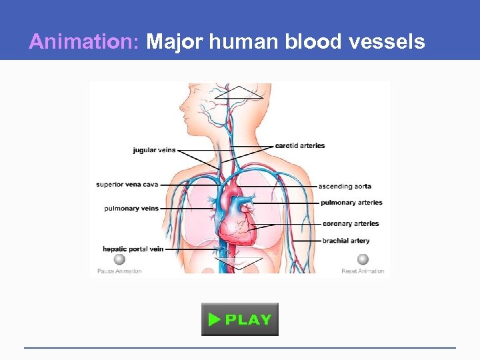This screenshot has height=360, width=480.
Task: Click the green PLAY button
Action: tap(240, 319)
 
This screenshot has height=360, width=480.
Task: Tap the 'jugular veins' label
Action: tap(154, 150)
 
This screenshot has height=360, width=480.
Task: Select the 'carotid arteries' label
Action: tap(300, 145)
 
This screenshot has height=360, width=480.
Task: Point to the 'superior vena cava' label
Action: tap(127, 185)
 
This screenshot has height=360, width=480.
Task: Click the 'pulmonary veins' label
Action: tap(131, 208)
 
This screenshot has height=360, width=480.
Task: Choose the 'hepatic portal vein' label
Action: tap(133, 249)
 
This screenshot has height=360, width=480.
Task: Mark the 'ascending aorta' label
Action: tap(345, 186)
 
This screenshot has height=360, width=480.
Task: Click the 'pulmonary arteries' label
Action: tap(351, 203)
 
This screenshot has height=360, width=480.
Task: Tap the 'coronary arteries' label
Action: tap(351, 224)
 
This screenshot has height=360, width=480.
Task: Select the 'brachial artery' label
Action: tap(345, 241)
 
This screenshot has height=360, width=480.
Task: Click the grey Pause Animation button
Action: tap(119, 260)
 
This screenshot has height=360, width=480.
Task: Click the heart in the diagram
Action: tap(235, 213)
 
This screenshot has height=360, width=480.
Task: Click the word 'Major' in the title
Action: tap(175, 42)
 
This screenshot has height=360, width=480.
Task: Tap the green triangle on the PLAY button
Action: tap(214, 319)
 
